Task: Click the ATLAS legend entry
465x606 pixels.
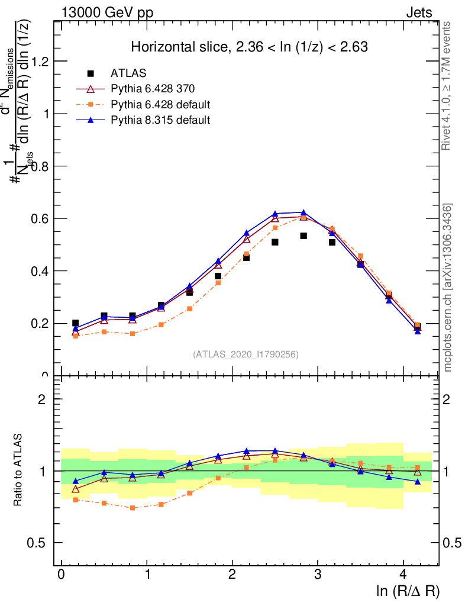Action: (128, 73)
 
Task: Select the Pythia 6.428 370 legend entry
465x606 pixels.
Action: (153, 89)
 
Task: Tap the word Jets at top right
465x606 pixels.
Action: (418, 12)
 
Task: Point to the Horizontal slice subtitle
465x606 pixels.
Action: (250, 47)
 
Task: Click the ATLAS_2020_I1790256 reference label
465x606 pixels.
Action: (246, 354)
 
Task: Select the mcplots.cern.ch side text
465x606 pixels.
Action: (448, 288)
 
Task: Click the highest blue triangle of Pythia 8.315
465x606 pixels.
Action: (303, 212)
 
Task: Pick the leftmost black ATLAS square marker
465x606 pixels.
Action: (75, 323)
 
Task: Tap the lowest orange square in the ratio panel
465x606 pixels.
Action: (133, 508)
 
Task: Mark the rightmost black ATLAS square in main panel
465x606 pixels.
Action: (418, 326)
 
